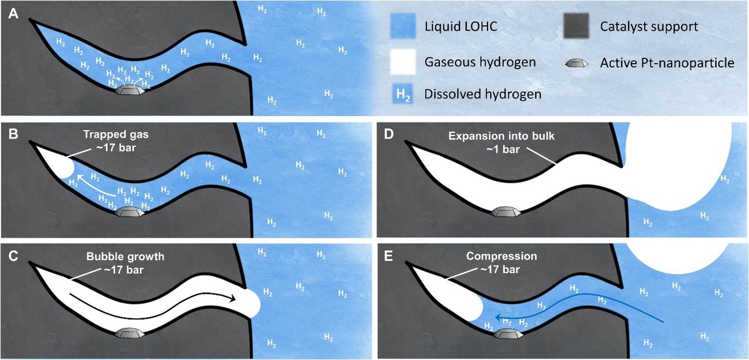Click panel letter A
pyautogui.click(x=12, y=13)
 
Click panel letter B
pyautogui.click(x=12, y=132)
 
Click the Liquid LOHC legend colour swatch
pyautogui.click(x=403, y=28)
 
